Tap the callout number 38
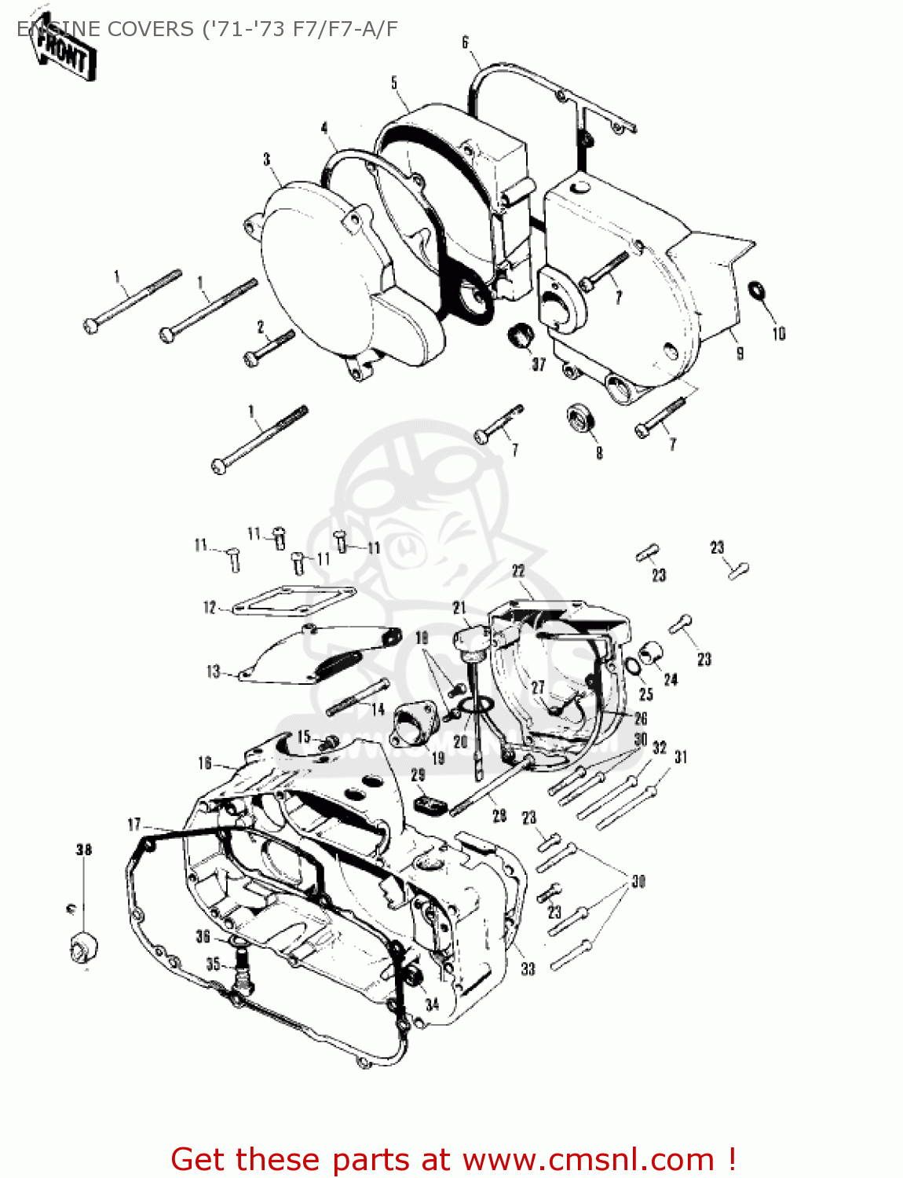[83, 849]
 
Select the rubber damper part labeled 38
[83, 946]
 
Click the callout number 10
[778, 334]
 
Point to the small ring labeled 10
[757, 290]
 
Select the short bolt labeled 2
[269, 346]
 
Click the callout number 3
[267, 159]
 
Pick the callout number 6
[465, 42]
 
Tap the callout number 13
[213, 671]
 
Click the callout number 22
[518, 571]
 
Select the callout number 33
[528, 969]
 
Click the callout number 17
[134, 824]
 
